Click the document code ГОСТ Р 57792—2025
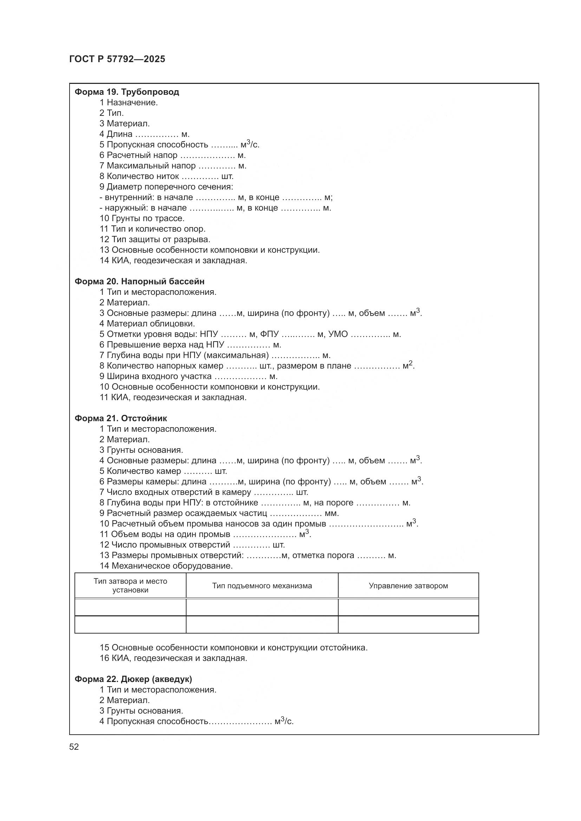tap(117, 59)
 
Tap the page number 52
tap(74, 747)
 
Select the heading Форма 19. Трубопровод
tap(127, 92)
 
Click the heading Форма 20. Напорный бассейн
tap(139, 282)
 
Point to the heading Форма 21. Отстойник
tap(120, 418)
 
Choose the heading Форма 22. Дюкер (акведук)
tap(133, 679)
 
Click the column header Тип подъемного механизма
tap(262, 586)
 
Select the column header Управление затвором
tap(408, 586)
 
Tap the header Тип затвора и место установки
tap(130, 586)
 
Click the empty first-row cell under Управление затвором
tap(408, 607)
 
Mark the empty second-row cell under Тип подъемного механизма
tap(262, 625)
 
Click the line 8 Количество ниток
tap(167, 176)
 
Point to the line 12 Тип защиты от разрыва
tap(155, 239)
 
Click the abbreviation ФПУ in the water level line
tap(269, 335)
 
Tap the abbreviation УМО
tap(338, 335)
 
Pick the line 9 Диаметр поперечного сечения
tap(167, 187)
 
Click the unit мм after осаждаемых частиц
tap(331, 514)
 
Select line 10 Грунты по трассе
tap(142, 218)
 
